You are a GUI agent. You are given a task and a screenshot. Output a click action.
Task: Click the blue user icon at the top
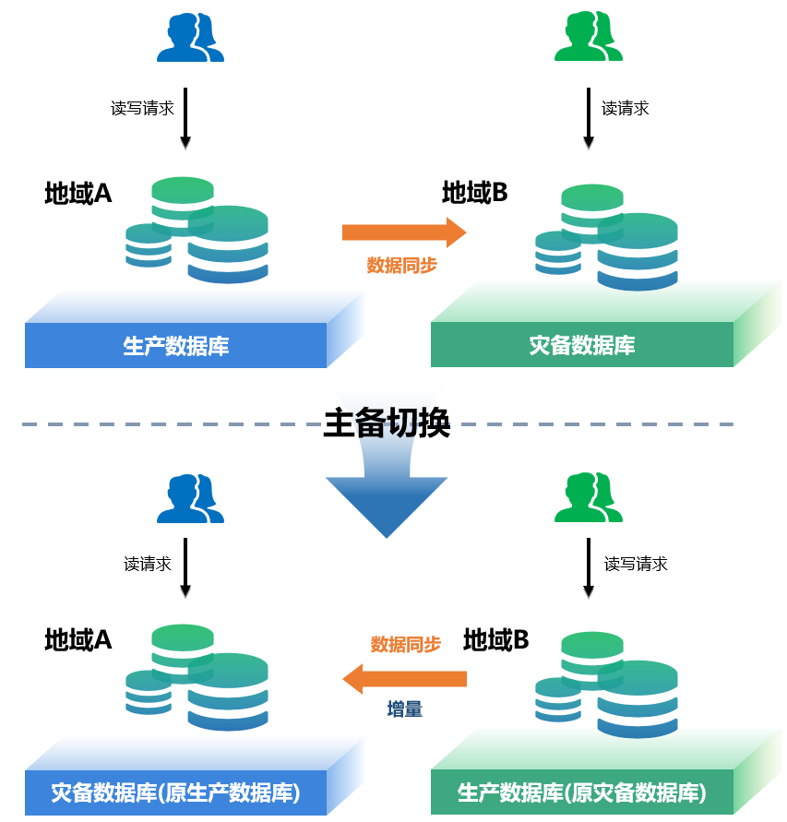(x=191, y=38)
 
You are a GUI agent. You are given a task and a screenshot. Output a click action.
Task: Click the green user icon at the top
(x=589, y=38)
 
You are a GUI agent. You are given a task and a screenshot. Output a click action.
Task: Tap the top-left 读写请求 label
(x=142, y=108)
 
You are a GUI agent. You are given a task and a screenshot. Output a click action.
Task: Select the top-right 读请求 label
(x=626, y=109)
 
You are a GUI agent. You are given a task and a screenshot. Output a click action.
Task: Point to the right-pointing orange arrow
(x=404, y=232)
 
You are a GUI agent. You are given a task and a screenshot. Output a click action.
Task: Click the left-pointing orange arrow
(x=404, y=680)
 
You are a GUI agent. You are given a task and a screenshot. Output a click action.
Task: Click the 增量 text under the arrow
(x=405, y=709)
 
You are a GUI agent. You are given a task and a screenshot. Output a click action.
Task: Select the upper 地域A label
(x=78, y=194)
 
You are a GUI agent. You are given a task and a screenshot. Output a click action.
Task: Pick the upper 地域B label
(x=475, y=193)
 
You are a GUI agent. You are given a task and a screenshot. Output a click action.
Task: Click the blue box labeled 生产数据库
(x=176, y=346)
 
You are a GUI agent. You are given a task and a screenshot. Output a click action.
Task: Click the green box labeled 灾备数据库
(x=582, y=345)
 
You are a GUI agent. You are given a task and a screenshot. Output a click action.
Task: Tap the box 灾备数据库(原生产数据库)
(x=176, y=792)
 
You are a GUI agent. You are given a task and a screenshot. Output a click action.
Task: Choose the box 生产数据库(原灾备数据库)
(x=582, y=792)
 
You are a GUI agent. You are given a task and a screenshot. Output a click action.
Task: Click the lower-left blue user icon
(x=191, y=499)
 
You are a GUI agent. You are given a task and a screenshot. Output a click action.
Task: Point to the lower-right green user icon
(x=589, y=499)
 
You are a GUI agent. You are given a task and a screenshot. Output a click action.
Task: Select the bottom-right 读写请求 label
(x=636, y=564)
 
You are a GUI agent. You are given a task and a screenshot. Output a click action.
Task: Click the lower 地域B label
(x=496, y=640)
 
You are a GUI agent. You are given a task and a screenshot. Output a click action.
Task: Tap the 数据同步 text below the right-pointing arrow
(x=402, y=266)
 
